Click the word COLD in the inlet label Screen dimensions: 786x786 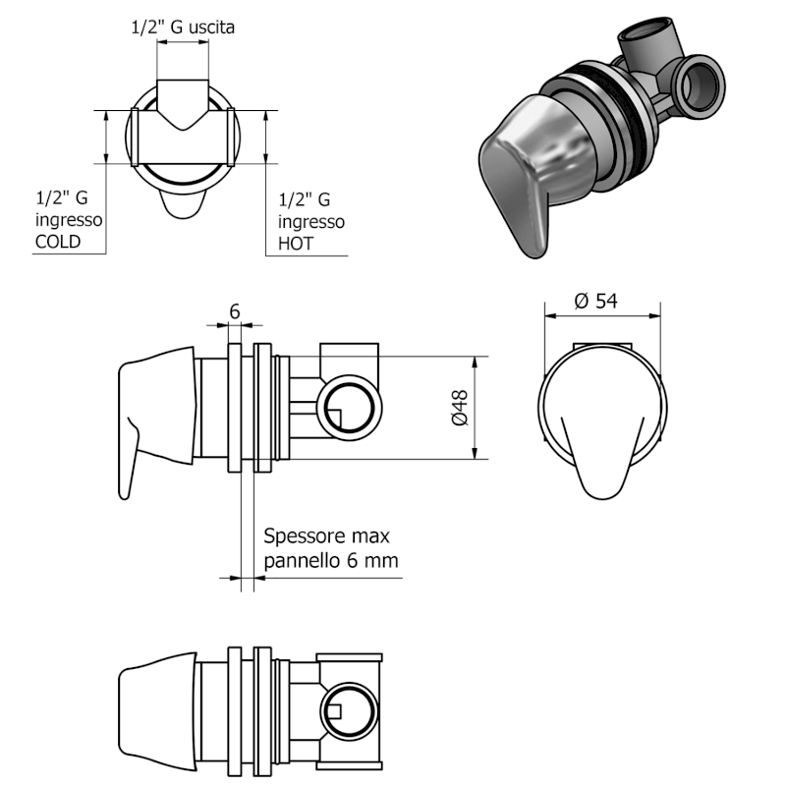tap(58, 242)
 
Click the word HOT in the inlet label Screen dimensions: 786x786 tap(297, 243)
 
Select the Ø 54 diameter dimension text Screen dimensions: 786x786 tap(596, 302)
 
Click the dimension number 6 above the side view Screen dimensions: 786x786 tap(234, 310)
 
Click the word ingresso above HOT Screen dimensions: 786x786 tap(311, 221)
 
